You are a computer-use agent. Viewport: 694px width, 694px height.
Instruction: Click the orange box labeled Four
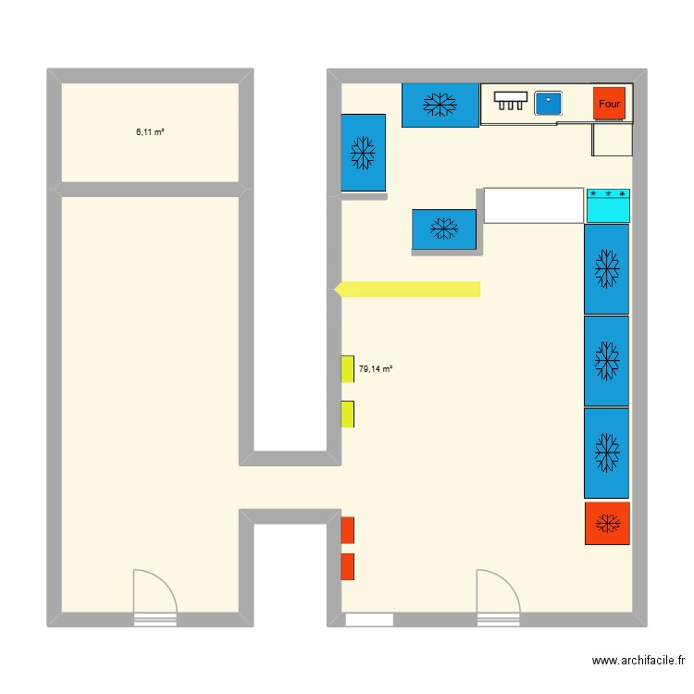coord(609,104)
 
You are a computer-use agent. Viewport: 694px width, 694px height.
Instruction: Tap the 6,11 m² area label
coord(150,132)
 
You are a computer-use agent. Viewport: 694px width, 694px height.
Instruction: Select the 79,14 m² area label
coord(376,368)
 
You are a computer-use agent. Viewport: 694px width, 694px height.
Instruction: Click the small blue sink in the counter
coord(549,104)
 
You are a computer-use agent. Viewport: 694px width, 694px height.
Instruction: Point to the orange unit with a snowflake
coord(607,524)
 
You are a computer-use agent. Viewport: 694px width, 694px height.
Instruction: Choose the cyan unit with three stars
coord(608,205)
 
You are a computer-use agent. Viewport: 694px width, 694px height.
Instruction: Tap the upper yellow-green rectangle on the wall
coord(347,369)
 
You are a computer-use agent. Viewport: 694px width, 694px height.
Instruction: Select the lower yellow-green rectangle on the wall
coord(347,414)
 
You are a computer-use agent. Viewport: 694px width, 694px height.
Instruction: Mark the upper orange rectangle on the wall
coord(347,530)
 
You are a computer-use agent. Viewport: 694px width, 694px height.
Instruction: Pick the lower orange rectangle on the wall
coord(347,566)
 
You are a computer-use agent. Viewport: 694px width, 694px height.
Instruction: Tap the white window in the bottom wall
coord(369,619)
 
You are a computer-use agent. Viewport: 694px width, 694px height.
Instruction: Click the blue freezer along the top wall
coord(440,105)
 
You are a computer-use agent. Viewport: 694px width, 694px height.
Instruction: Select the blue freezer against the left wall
coord(363,153)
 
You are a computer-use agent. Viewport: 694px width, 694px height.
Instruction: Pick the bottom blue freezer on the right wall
coord(606,453)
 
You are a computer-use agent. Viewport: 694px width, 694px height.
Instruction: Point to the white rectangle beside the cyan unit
coord(534,205)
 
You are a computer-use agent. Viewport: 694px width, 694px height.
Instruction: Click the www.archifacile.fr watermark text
coord(638,661)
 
